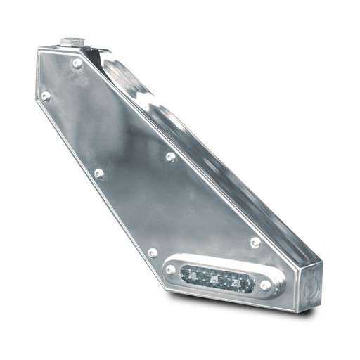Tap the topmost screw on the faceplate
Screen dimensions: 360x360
[77, 63]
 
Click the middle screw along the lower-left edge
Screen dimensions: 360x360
[99, 174]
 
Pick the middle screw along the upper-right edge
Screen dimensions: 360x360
[171, 157]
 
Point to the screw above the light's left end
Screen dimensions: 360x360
[153, 252]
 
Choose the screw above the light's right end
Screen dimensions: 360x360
[255, 242]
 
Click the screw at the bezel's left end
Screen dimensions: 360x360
[171, 269]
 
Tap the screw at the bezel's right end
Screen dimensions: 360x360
[265, 285]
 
